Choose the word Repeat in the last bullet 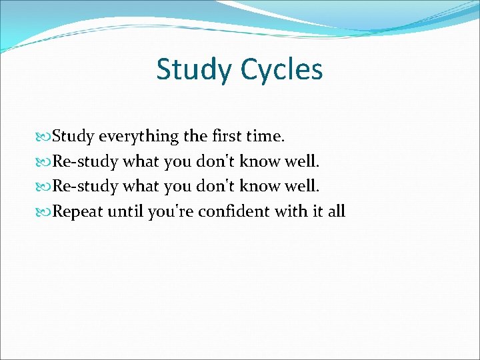[x=77, y=212]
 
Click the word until [x=126, y=212]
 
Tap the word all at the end [x=335, y=212]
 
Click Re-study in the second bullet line [x=86, y=162]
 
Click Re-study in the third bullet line [x=86, y=187]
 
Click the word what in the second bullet [x=139, y=162]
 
